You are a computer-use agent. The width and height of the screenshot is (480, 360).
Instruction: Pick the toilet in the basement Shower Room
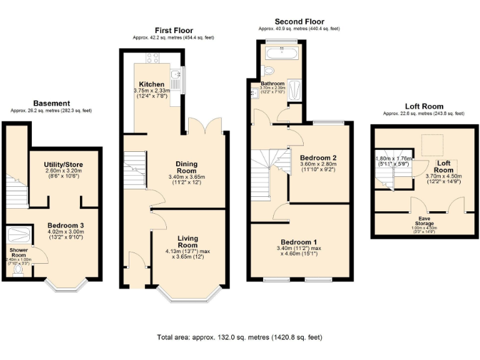(x=16, y=271)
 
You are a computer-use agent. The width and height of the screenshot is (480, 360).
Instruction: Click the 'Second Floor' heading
(x=299, y=21)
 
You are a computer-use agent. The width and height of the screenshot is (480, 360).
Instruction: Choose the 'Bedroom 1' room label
(x=299, y=242)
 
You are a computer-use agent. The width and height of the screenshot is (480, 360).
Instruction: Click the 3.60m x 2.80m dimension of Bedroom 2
(x=318, y=164)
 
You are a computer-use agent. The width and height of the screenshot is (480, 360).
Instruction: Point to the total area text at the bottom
(x=239, y=337)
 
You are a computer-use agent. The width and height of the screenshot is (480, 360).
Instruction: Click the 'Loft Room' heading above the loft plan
(x=423, y=106)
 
